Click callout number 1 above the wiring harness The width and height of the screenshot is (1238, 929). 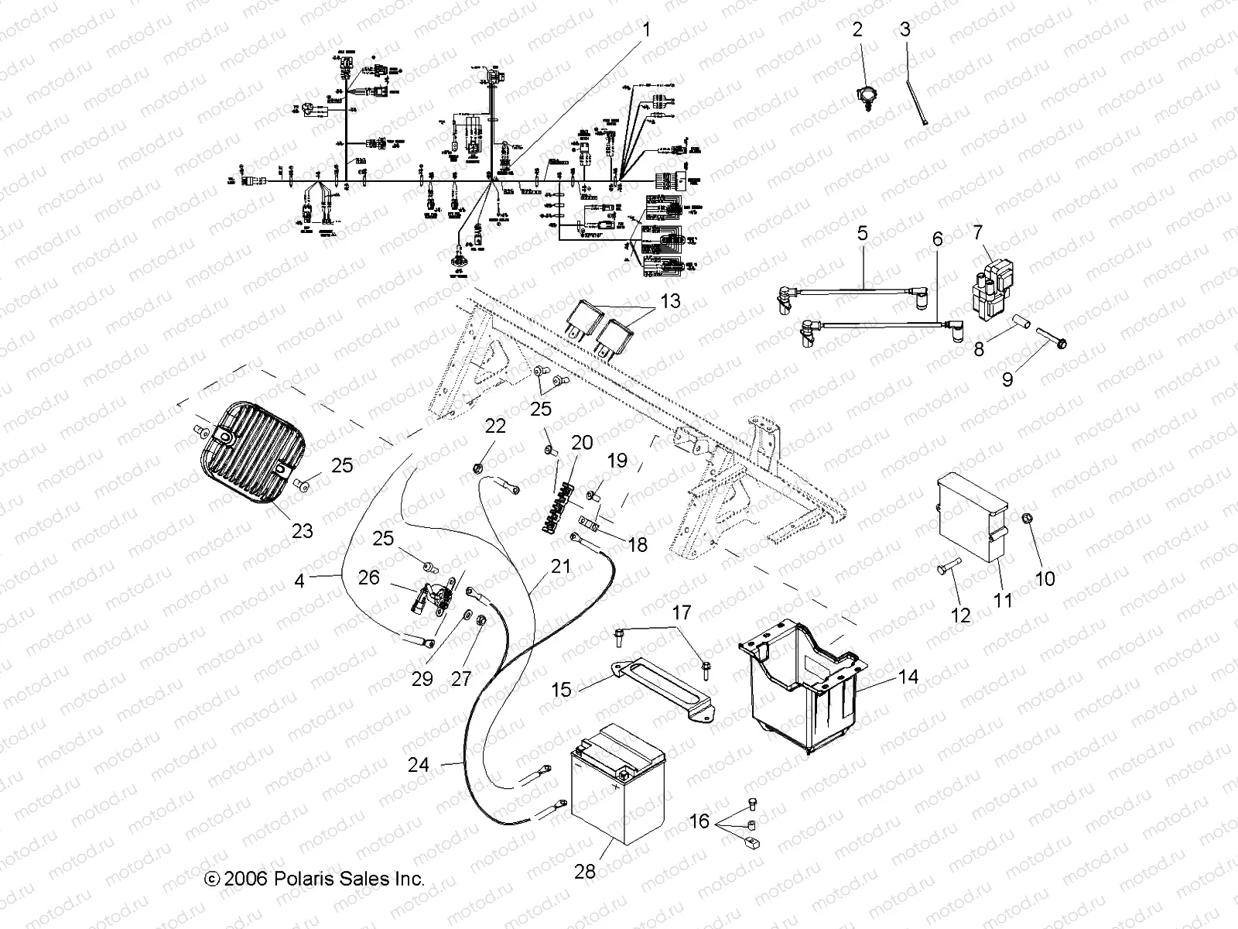click(648, 31)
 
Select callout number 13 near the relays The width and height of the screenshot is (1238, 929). click(670, 300)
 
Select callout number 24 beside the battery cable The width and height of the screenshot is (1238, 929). click(419, 765)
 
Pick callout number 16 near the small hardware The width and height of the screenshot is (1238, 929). click(699, 821)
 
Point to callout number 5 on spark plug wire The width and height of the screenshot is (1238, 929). click(864, 232)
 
